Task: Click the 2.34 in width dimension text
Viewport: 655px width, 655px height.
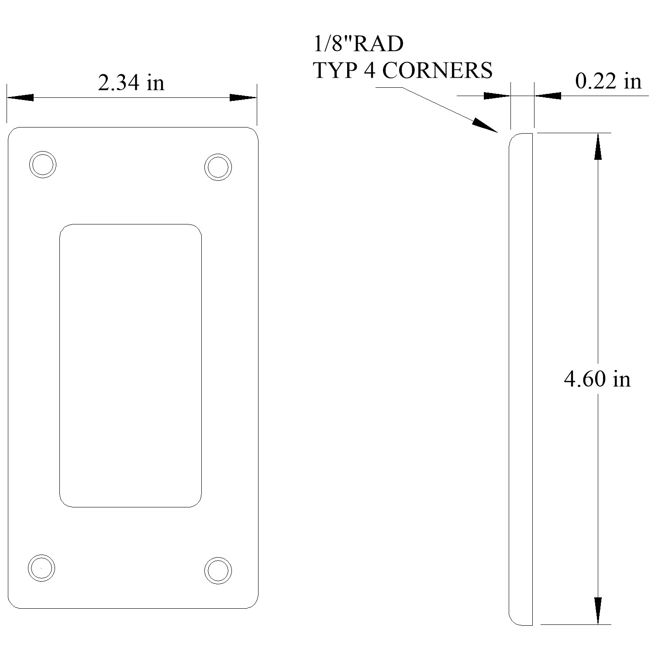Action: coord(131,83)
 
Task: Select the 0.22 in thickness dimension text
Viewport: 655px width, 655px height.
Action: coord(608,81)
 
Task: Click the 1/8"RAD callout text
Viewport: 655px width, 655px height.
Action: coord(359,44)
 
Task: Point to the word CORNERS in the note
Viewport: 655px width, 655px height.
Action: coord(438,70)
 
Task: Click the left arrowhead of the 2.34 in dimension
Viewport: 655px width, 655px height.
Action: coord(20,97)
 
